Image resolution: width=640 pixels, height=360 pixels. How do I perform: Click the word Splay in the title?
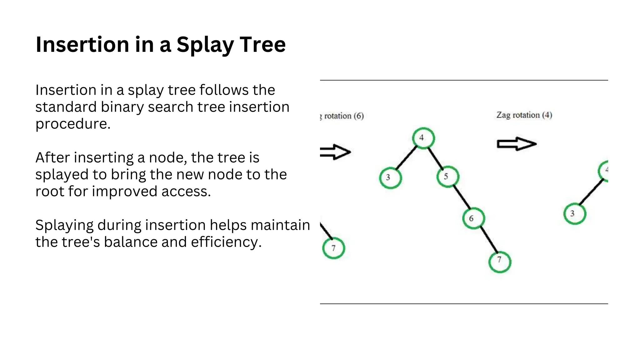(x=205, y=45)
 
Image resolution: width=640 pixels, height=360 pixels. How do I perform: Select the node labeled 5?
(x=447, y=177)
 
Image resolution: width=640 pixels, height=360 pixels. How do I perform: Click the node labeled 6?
(x=473, y=218)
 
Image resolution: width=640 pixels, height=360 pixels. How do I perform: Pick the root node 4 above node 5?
(x=423, y=138)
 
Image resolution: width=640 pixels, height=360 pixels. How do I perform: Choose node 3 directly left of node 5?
(x=390, y=177)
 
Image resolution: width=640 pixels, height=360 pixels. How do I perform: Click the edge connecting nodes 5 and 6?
(x=461, y=197)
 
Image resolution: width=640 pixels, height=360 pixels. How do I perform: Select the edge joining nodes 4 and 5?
(x=435, y=158)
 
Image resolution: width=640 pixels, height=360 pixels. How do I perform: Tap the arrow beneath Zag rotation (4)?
(x=517, y=144)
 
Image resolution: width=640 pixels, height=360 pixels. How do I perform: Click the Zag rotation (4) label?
(x=524, y=115)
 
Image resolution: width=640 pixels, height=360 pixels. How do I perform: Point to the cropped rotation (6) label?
(x=342, y=116)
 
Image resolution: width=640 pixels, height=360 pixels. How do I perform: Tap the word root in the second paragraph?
(x=50, y=192)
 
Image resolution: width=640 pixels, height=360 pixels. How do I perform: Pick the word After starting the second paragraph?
(x=52, y=157)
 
